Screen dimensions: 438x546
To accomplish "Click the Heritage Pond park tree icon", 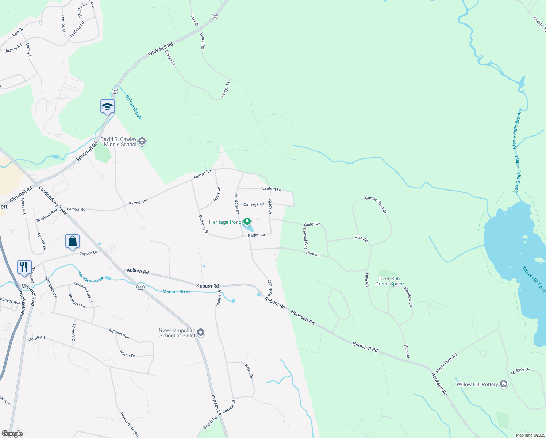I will pos(247,221).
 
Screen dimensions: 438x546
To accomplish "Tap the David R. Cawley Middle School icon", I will pos(142,141).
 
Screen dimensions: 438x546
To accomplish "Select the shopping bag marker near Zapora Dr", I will pos(72,242).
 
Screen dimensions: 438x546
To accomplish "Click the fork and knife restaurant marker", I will pos(24,267).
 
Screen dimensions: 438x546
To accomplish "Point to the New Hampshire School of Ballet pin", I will pos(201,333).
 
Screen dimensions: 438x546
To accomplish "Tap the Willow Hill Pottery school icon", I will pos(504,384).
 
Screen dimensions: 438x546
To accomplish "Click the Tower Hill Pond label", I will pos(534,280).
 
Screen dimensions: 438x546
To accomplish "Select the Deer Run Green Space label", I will pos(389,281).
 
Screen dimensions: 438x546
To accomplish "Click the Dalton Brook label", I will pos(133,107).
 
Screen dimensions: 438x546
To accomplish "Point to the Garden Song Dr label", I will pos(376,204).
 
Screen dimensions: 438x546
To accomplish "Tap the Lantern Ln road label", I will pos(272,189).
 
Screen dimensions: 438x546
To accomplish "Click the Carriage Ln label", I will pos(254,204).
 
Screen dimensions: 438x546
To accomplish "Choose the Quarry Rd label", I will pos(270,288).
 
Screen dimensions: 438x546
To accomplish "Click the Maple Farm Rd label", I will pos(446,363).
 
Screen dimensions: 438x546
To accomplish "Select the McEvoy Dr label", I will pos(520,371).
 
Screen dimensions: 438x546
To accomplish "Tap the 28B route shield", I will pos(141,287).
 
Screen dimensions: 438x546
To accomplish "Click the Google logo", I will pos(12,434).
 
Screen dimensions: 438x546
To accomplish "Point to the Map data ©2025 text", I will pos(530,435).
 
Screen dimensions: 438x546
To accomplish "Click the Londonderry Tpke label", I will pos(53,201).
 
